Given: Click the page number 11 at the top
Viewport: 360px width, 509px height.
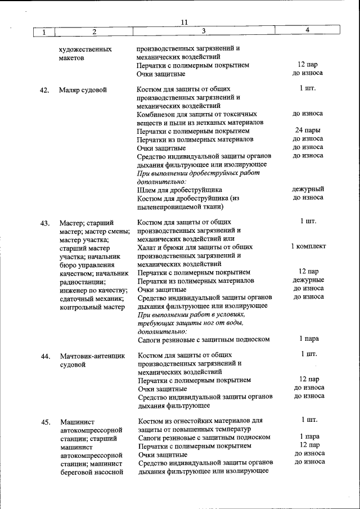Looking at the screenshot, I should (184, 22).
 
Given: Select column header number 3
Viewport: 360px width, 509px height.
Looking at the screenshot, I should (204, 31).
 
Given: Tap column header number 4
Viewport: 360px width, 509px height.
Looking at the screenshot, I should (307, 30).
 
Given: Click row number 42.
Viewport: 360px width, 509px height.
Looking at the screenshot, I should (45, 90).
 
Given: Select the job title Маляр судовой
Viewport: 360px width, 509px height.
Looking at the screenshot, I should (83, 90).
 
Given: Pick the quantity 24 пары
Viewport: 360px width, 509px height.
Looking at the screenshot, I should (308, 130).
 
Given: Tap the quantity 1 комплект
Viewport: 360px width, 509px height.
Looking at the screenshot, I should (308, 246).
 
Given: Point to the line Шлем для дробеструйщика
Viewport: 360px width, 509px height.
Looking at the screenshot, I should (179, 190).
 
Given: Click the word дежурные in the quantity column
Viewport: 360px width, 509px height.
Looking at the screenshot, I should (308, 280).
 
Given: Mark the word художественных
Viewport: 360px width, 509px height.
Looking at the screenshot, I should (85, 49).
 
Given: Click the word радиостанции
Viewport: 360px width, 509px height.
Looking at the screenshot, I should (82, 282).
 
